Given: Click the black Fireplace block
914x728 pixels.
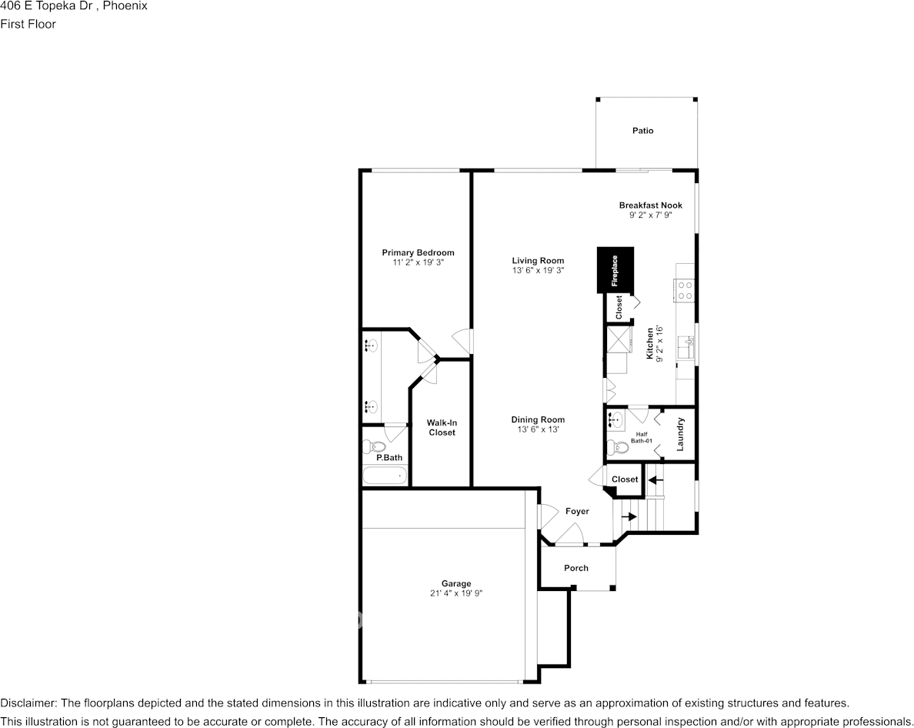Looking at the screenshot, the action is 615,270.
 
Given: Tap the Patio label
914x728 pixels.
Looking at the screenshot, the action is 643,131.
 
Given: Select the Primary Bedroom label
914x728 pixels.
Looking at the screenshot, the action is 418,252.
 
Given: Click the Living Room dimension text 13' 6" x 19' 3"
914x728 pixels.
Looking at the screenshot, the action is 538,270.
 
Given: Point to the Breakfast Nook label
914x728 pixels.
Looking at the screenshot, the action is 651,205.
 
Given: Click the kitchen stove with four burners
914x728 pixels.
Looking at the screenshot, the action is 685,290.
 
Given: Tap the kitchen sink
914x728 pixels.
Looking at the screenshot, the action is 686,348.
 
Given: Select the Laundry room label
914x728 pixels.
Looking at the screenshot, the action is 679,434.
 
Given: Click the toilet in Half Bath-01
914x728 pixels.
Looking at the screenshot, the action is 613,448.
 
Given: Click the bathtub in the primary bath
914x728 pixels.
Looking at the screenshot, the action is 384,476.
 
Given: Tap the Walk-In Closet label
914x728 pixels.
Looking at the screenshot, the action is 442,427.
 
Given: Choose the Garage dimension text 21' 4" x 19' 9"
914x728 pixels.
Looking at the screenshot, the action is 455,593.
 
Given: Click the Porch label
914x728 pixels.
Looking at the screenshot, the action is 576,568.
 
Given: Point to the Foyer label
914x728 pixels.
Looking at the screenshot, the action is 577,511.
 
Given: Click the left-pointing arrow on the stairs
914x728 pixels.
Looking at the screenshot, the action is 656,480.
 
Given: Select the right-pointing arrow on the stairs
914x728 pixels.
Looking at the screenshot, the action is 629,516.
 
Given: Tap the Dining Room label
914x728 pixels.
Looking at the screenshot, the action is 538,419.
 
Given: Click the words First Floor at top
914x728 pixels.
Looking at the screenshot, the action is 28,24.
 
